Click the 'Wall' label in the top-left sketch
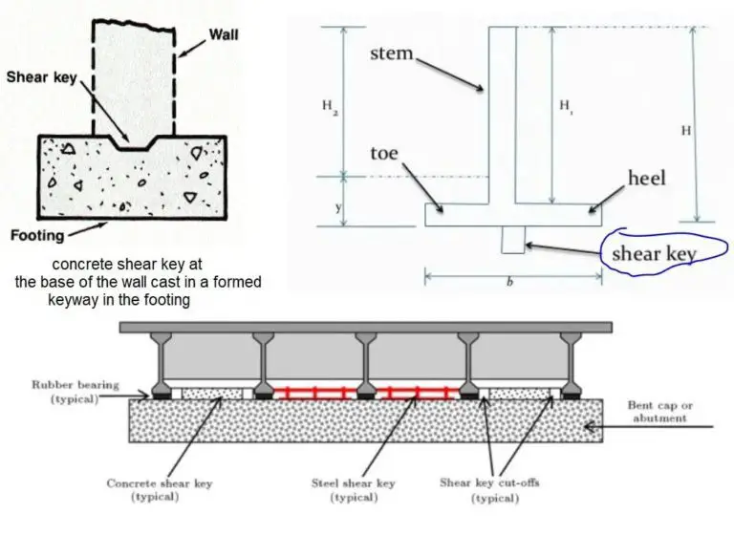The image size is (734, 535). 226,34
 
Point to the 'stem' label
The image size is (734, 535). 391,53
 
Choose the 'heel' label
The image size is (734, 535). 647,179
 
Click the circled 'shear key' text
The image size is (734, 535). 653,253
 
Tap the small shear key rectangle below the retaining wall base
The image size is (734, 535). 513,240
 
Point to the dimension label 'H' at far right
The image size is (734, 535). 685,130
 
